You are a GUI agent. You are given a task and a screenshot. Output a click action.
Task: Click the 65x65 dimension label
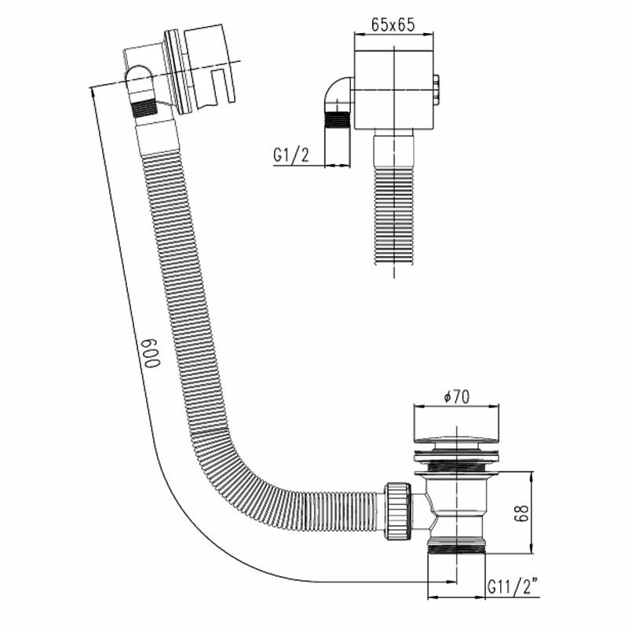(393, 25)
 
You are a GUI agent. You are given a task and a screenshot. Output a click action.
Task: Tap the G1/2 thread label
(291, 155)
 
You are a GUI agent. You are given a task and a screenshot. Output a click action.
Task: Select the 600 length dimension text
(152, 352)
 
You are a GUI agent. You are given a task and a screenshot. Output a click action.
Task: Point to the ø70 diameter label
(457, 396)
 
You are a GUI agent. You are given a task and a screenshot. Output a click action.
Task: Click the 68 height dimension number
(523, 513)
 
